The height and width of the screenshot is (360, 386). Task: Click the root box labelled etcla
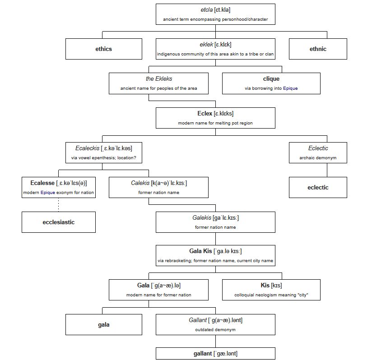[x=215, y=14]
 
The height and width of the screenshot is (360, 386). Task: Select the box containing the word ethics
[x=103, y=49]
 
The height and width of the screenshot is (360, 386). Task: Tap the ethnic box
[x=318, y=49]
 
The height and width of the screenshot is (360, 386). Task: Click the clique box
[x=271, y=83]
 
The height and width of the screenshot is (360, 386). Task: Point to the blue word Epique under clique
[x=290, y=88]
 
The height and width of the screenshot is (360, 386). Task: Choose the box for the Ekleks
[x=158, y=83]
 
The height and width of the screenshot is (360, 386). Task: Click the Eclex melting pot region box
[x=215, y=118]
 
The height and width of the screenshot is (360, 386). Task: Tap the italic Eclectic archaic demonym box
[x=318, y=152]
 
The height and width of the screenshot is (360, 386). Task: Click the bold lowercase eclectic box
[x=318, y=187]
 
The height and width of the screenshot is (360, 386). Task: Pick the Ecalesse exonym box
[x=58, y=187]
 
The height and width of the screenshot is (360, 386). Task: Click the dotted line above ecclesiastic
[x=59, y=204]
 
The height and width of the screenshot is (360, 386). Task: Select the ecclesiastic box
[x=58, y=222]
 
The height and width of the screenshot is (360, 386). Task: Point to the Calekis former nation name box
[x=158, y=187]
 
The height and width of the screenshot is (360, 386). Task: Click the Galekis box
[x=215, y=222]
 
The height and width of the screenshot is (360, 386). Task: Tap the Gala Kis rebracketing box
[x=215, y=256]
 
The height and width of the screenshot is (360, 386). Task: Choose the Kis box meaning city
[x=271, y=290]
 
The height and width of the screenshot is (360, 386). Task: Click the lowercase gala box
[x=103, y=324]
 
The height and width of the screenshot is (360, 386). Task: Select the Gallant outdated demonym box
[x=215, y=324]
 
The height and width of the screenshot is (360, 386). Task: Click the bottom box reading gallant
[x=215, y=353]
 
